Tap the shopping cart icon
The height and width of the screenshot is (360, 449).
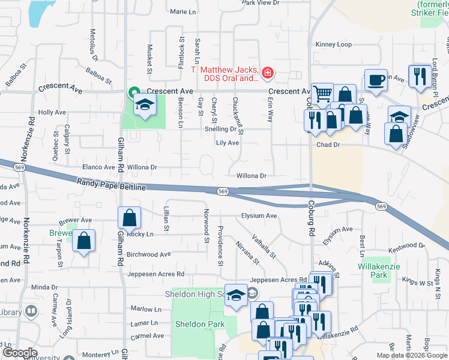322,93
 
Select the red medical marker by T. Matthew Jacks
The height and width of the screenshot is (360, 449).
267,74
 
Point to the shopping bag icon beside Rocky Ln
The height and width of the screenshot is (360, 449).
130,217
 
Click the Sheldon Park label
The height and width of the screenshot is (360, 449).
199,324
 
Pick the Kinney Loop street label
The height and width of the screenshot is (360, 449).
334,44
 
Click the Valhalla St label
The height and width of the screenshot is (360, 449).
264,247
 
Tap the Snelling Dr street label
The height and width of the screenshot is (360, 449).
221,128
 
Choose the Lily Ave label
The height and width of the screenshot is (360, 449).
228,143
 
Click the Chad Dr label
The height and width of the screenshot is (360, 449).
328,145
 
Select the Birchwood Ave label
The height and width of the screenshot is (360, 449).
148,254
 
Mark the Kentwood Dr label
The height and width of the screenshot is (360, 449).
406,245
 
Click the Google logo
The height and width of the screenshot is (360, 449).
19,353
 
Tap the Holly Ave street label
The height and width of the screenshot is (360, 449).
52,112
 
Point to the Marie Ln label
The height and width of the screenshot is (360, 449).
183,11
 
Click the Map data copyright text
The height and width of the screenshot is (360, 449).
412,355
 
